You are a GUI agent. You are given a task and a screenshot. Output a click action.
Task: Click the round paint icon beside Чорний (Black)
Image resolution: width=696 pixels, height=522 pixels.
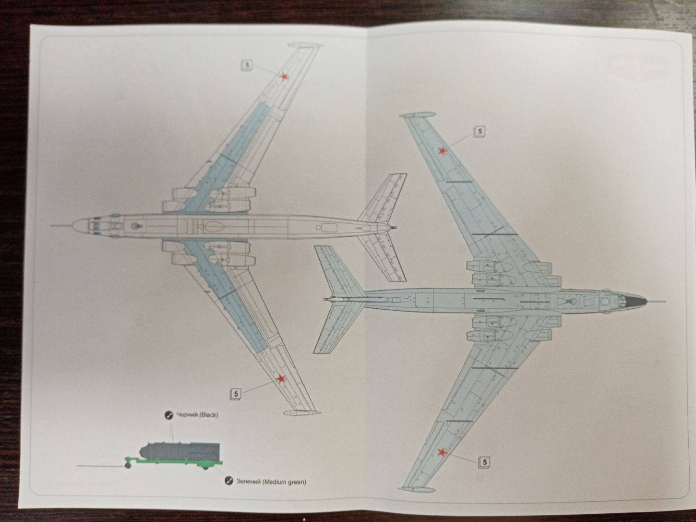coord(168,415)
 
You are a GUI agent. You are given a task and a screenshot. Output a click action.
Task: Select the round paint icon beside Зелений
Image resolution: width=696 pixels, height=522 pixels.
coord(229,481)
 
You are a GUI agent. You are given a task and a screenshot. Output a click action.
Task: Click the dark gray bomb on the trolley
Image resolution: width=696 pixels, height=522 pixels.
coord(178,451)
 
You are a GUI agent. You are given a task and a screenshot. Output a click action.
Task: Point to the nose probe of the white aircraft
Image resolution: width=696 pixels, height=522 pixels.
coord(60,225)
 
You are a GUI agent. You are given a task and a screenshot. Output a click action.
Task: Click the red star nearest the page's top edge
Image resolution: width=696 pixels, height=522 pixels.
coord(284,77)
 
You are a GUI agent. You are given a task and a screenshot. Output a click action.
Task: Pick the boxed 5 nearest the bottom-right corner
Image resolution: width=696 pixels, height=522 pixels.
coord(485,462)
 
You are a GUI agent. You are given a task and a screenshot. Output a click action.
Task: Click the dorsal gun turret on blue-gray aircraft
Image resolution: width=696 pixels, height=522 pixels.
coord(573,302)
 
